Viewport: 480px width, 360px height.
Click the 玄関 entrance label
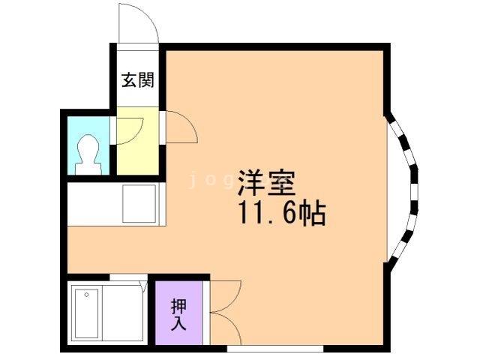point(138,80)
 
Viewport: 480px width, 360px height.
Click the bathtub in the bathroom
point(105,312)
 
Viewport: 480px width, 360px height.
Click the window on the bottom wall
point(275,348)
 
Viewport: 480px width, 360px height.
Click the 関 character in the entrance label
point(146,80)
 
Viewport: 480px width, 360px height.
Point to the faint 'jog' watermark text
point(202,180)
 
